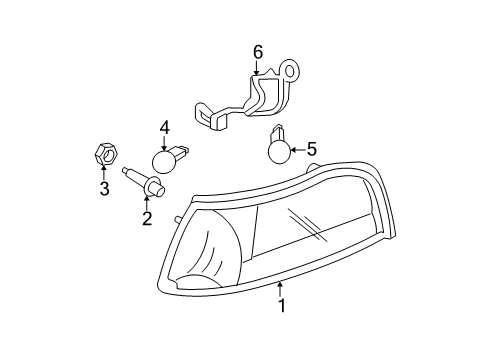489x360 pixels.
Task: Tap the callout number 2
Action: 147,218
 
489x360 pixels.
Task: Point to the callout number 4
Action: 164,127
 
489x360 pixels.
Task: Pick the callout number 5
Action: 311,149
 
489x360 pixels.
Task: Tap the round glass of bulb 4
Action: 162,162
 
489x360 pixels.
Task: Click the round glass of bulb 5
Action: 278,152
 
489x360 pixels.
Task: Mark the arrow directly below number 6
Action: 256,68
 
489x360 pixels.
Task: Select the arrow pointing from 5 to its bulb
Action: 297,150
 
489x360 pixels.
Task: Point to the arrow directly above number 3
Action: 103,174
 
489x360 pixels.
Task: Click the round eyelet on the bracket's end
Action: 292,72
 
